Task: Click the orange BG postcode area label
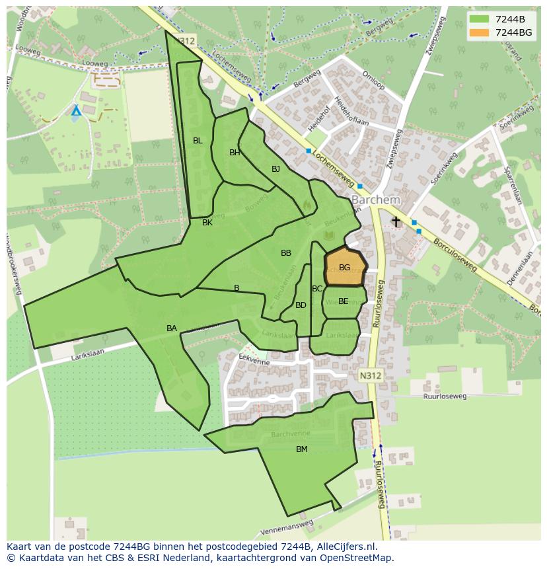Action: click(344, 268)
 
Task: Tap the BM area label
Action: click(301, 449)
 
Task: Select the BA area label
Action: click(172, 328)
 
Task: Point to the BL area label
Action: click(198, 141)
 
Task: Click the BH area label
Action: click(235, 153)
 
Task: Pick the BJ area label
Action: click(275, 169)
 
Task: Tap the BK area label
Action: click(207, 223)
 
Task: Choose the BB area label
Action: click(286, 253)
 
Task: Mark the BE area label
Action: click(343, 301)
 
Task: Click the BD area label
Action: click(301, 305)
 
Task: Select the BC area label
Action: click(317, 289)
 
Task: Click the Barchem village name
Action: click(375, 200)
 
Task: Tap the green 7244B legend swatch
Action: click(480, 19)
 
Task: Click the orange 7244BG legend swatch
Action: click(480, 32)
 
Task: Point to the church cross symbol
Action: click(396, 222)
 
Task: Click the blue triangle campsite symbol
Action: click(76, 111)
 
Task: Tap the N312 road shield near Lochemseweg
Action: click(186, 41)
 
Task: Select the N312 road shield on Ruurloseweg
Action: click(370, 375)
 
